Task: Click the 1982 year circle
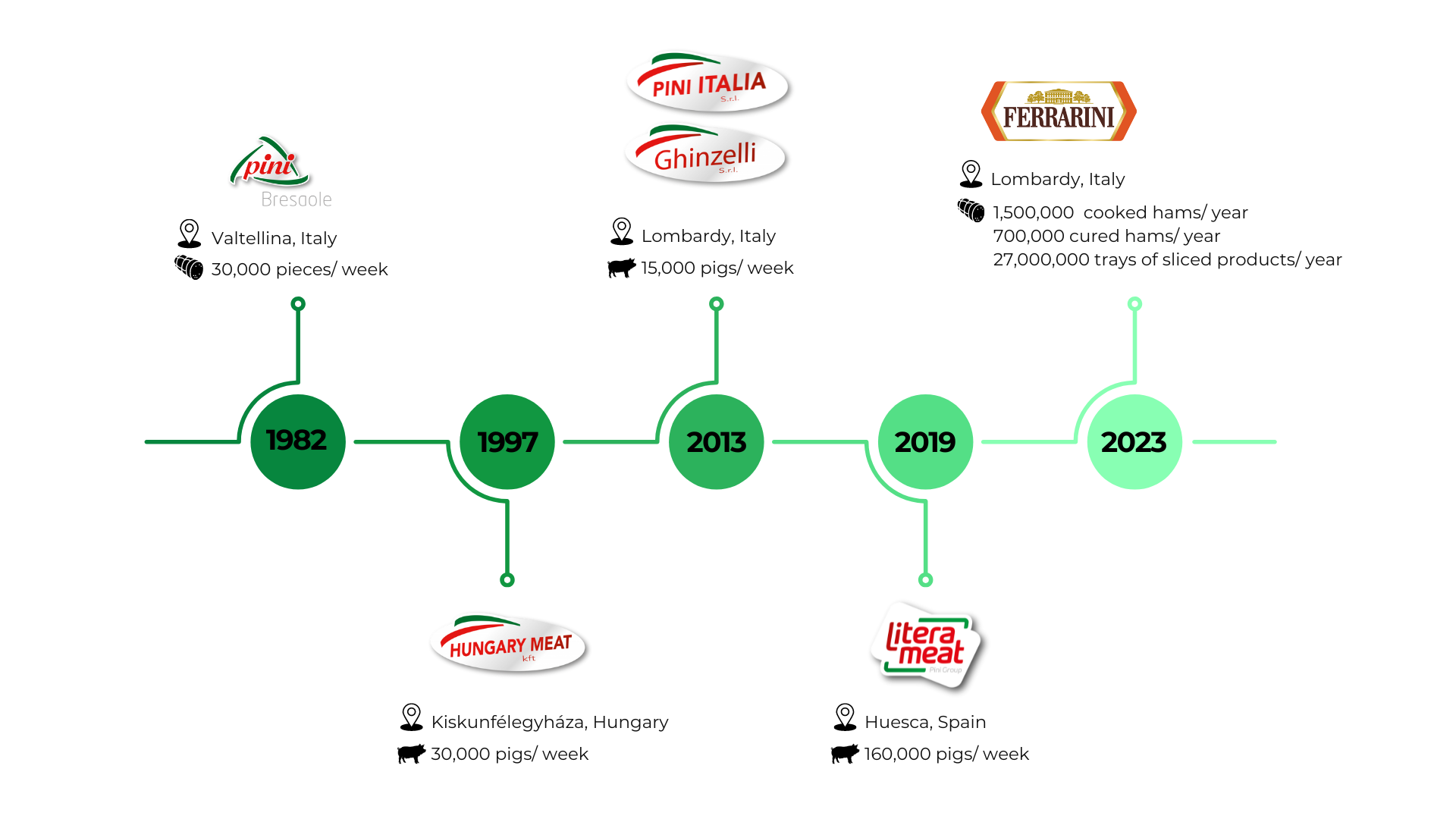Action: [298, 441]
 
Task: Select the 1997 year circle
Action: [507, 441]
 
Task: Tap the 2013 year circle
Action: [717, 441]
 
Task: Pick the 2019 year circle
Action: [925, 441]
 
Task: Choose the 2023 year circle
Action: [1134, 441]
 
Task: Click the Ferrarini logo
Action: [1059, 111]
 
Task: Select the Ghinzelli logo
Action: [706, 155]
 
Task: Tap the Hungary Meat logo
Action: [510, 645]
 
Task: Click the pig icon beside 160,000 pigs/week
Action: [845, 754]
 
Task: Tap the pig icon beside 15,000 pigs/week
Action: [622, 268]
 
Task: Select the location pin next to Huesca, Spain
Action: [845, 717]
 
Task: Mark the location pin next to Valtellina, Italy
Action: [189, 234]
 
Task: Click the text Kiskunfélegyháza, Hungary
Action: [550, 722]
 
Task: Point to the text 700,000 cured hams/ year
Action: [1106, 236]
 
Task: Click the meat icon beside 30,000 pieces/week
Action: [189, 268]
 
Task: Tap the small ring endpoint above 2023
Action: [1134, 304]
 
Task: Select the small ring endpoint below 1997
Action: [507, 580]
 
